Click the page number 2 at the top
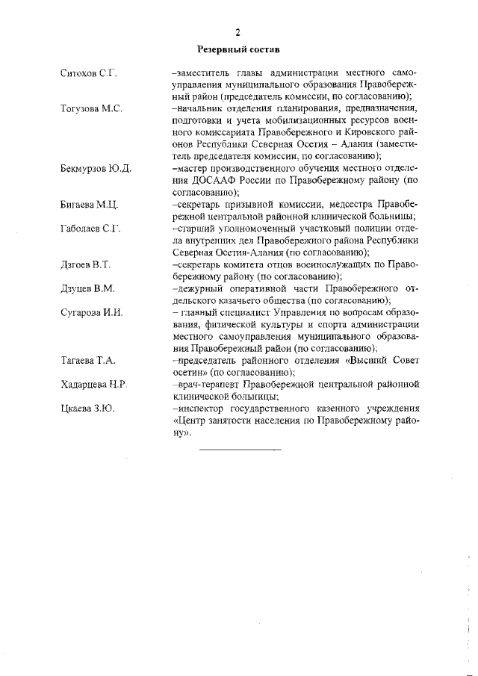238,32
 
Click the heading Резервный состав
238,50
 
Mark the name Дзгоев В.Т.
85,264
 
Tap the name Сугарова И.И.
91,312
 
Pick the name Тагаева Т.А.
87,360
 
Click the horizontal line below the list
240,449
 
